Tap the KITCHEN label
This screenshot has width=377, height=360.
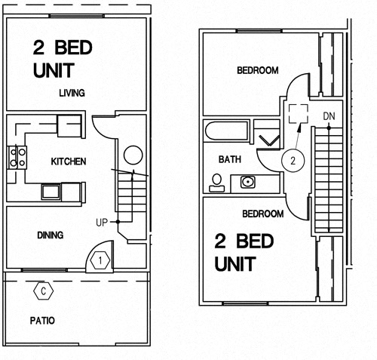tap(68, 162)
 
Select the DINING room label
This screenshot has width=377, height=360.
tap(50, 235)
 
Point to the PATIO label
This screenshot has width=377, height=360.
tap(42, 321)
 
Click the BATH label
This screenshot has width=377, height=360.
tap(229, 160)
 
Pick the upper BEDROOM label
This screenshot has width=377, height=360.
tap(257, 71)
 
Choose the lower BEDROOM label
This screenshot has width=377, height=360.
tap(262, 214)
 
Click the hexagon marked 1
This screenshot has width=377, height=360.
tap(100, 260)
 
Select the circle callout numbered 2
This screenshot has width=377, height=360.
tap(295, 160)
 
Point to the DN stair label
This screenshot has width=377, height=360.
tap(329, 116)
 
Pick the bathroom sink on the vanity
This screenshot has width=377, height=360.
tap(246, 181)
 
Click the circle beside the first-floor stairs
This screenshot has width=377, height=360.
tap(133, 156)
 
